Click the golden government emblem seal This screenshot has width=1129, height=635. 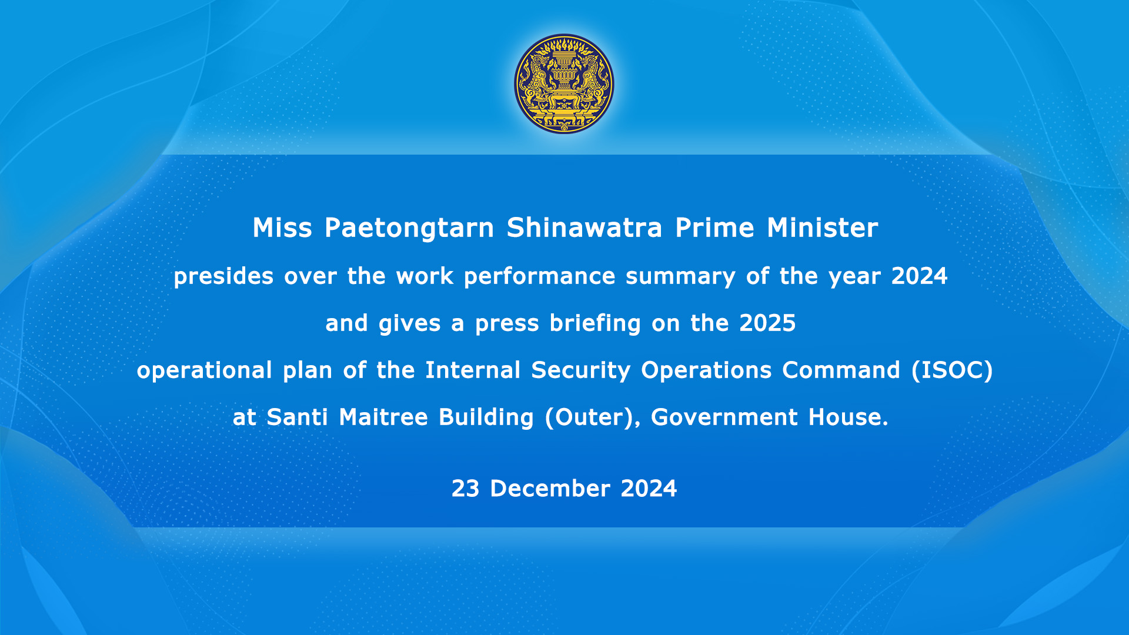tap(564, 83)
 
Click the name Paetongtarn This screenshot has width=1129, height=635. tap(409, 228)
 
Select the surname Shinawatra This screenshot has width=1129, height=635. tap(584, 228)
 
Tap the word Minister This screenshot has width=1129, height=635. tap(823, 228)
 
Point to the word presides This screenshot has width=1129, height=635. tap(223, 276)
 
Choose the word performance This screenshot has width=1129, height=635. tap(539, 276)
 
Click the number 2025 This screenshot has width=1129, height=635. tap(767, 323)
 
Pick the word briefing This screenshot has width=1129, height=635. tap(595, 323)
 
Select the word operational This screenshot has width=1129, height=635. tap(205, 370)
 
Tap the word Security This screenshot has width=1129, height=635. tap(581, 370)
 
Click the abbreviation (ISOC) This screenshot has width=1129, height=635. tap(952, 370)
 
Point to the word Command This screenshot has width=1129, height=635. tap(841, 370)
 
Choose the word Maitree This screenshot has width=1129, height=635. tap(383, 417)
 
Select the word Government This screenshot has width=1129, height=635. tap(724, 417)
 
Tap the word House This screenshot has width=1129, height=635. tap(849, 417)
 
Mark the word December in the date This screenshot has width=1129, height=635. tap(550, 489)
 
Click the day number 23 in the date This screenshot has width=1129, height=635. tap(465, 489)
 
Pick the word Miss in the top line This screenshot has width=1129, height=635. tap(282, 228)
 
